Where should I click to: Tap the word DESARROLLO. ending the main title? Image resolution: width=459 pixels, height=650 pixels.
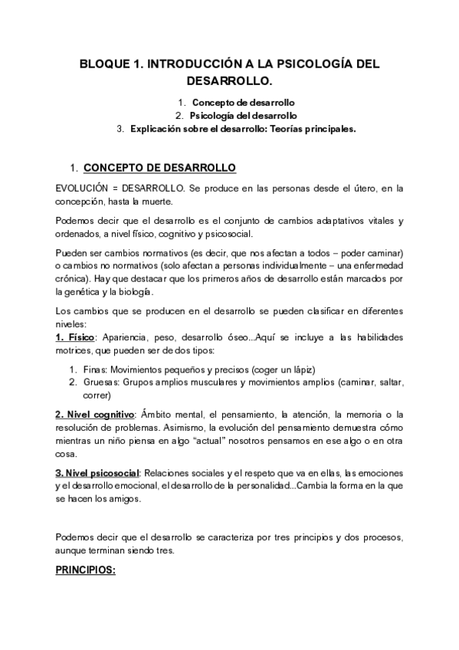click(229, 80)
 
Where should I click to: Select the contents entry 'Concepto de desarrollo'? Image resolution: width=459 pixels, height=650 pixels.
click(244, 102)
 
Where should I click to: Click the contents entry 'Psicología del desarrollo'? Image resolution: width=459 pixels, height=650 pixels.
click(244, 116)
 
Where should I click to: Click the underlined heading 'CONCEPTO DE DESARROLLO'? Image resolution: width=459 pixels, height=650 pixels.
click(159, 167)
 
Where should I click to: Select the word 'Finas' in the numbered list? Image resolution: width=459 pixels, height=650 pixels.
click(96, 369)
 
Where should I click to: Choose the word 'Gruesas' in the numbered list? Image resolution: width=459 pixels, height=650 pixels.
click(102, 382)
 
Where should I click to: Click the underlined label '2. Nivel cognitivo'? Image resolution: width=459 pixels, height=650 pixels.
click(95, 415)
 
